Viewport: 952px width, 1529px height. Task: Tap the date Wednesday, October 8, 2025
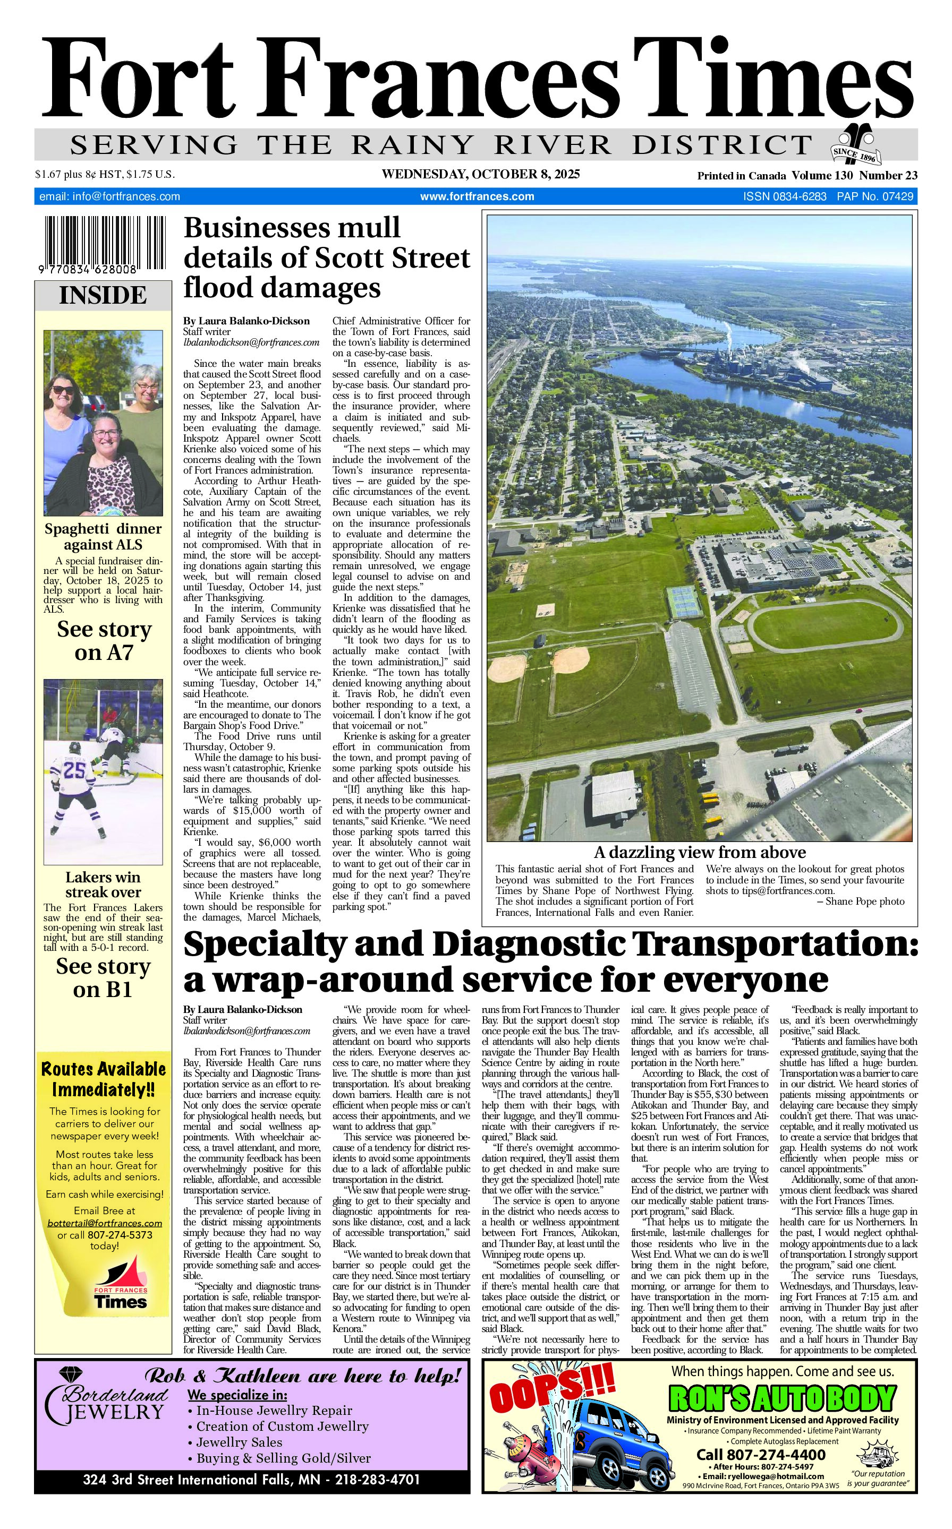click(x=480, y=174)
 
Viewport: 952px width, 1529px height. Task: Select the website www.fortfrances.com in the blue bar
click(x=477, y=196)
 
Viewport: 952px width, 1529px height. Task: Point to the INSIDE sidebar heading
click(x=103, y=295)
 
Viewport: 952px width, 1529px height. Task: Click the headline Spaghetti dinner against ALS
click(x=103, y=536)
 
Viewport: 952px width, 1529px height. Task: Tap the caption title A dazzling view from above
click(x=700, y=852)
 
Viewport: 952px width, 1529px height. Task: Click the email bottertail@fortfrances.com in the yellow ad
click(x=105, y=1223)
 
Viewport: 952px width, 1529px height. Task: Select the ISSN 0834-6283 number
click(x=785, y=196)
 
